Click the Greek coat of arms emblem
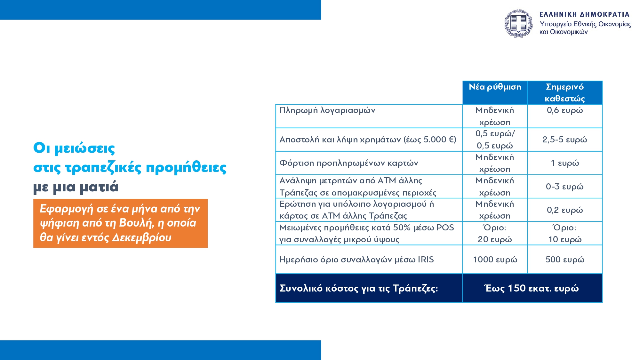(518, 23)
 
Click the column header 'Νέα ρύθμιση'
(495, 87)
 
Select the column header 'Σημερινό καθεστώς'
(565, 92)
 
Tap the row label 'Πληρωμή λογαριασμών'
(327, 110)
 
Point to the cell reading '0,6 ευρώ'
(565, 110)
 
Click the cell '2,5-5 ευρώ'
(565, 140)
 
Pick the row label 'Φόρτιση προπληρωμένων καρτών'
(348, 163)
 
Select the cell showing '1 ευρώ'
(565, 163)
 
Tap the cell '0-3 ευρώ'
(565, 187)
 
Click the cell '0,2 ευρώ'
(565, 210)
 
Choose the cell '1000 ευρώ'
(495, 260)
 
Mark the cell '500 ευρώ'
(565, 260)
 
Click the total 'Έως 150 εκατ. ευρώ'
(532, 288)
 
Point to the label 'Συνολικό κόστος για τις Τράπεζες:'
(359, 288)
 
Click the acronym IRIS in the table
(426, 260)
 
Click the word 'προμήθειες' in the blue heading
(186, 168)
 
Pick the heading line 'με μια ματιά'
(76, 187)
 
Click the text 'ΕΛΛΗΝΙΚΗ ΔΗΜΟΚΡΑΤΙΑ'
(584, 14)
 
